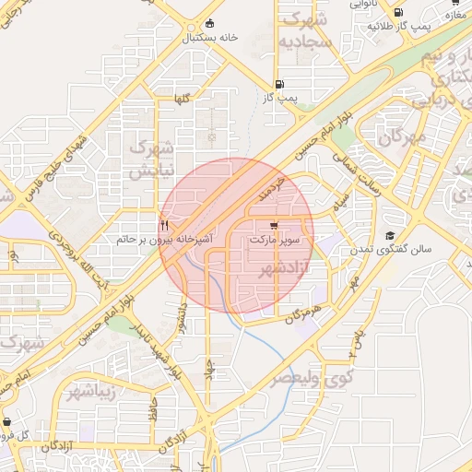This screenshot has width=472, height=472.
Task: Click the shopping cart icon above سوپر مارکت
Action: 274,225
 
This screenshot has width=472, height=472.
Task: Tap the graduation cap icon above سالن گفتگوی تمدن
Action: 389,236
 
